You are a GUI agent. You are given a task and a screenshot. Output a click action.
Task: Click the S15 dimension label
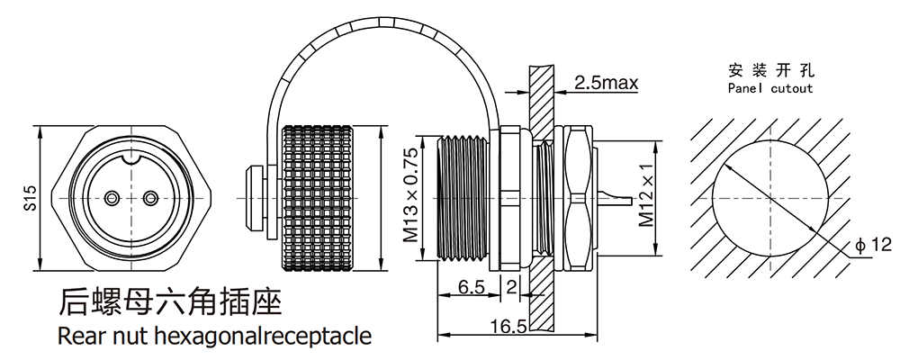click(x=30, y=198)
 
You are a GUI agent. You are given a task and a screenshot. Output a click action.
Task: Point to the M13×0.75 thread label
click(x=410, y=197)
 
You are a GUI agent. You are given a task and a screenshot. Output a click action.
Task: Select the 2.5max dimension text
click(x=606, y=84)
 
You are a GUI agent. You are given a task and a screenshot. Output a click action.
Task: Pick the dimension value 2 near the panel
click(x=511, y=288)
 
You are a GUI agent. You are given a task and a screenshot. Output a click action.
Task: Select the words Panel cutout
click(x=769, y=88)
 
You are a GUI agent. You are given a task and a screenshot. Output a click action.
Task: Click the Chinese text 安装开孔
click(x=769, y=70)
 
